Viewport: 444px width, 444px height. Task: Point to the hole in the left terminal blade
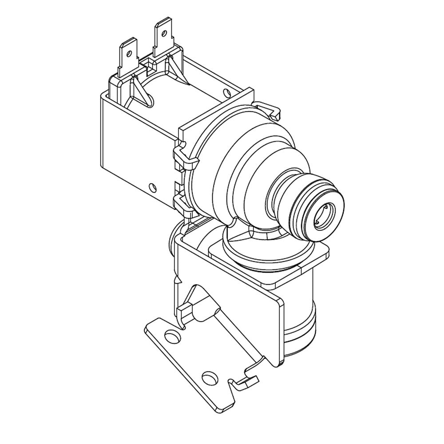pyautogui.click(x=129, y=53)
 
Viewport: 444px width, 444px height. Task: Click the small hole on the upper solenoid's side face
pyautogui.click(x=153, y=187)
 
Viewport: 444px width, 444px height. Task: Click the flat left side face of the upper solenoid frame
pyautogui.click(x=133, y=147)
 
